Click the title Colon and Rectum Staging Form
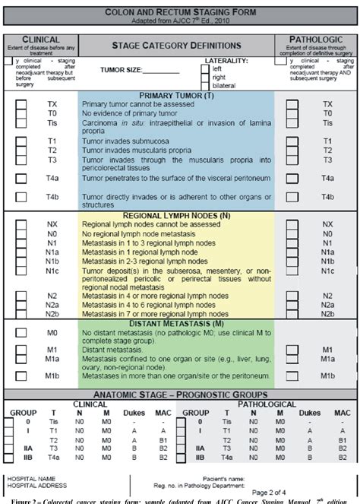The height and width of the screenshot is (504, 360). (x=179, y=13)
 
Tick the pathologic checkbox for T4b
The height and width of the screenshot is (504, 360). (x=292, y=198)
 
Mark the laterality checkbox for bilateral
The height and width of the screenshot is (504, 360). (x=206, y=86)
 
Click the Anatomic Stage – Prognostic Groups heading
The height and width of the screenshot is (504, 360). (x=180, y=395)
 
